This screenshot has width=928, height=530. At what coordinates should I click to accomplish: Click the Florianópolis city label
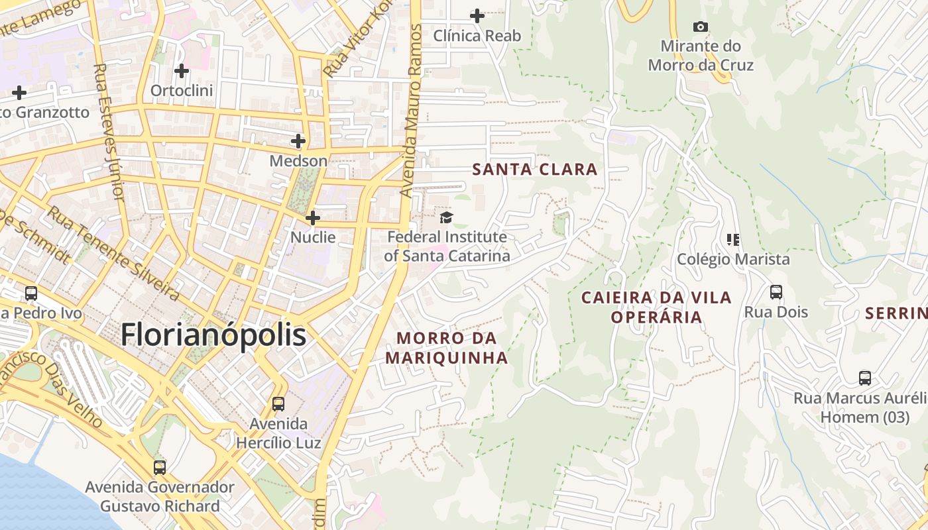tap(213, 335)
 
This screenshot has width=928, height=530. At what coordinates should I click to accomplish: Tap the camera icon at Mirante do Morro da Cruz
tap(700, 27)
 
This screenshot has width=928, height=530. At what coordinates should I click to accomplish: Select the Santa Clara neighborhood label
tap(535, 170)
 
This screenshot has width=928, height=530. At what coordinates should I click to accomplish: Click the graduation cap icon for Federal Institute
tap(447, 218)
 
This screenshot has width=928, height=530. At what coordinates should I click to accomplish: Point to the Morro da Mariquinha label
tap(446, 348)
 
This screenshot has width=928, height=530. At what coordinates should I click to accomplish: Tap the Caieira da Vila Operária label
tap(656, 307)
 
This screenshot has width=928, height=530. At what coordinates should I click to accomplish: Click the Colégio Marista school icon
tap(733, 239)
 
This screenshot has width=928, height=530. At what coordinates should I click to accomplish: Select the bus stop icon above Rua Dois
tap(776, 291)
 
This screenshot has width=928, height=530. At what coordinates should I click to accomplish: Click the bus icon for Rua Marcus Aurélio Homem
tap(865, 378)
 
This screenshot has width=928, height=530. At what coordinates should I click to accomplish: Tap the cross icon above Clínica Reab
tap(477, 15)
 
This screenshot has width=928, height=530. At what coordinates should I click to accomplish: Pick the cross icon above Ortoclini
tap(182, 70)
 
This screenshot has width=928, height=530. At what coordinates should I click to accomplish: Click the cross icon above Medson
tap(298, 140)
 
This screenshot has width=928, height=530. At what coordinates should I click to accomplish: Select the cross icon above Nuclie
tap(313, 217)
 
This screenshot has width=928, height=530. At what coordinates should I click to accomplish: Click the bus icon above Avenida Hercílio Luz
tap(278, 403)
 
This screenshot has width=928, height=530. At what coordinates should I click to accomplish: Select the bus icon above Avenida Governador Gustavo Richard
tap(160, 467)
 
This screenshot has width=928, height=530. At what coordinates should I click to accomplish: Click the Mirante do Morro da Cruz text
tap(701, 56)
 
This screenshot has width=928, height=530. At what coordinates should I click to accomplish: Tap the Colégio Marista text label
tap(733, 259)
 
